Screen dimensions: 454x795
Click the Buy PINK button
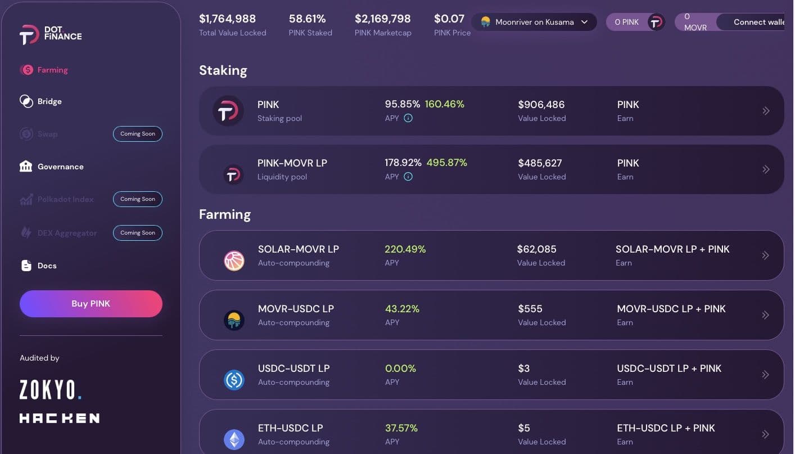(x=91, y=304)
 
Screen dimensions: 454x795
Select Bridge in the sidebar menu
(x=49, y=101)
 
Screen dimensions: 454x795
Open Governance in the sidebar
(x=60, y=167)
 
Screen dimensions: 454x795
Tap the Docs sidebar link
(x=47, y=266)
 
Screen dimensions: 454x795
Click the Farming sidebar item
(x=52, y=70)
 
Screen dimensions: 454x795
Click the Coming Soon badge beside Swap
(x=138, y=134)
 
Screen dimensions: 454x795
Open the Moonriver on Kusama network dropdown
(x=534, y=22)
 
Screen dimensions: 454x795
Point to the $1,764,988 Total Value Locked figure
(x=228, y=19)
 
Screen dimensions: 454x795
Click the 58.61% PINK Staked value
(x=307, y=19)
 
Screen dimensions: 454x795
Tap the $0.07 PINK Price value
(x=449, y=19)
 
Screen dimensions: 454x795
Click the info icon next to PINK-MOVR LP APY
(x=408, y=177)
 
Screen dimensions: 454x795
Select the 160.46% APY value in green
(x=444, y=104)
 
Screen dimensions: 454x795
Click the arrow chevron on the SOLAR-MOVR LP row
(x=765, y=255)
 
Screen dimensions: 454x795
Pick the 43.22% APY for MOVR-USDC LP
(x=402, y=309)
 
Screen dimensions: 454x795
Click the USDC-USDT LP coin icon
(x=234, y=380)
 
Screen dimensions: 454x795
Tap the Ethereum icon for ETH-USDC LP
(x=234, y=440)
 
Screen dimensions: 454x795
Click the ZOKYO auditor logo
(x=51, y=389)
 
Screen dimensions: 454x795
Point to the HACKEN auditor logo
(x=60, y=418)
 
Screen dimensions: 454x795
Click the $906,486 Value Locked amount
(x=541, y=105)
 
